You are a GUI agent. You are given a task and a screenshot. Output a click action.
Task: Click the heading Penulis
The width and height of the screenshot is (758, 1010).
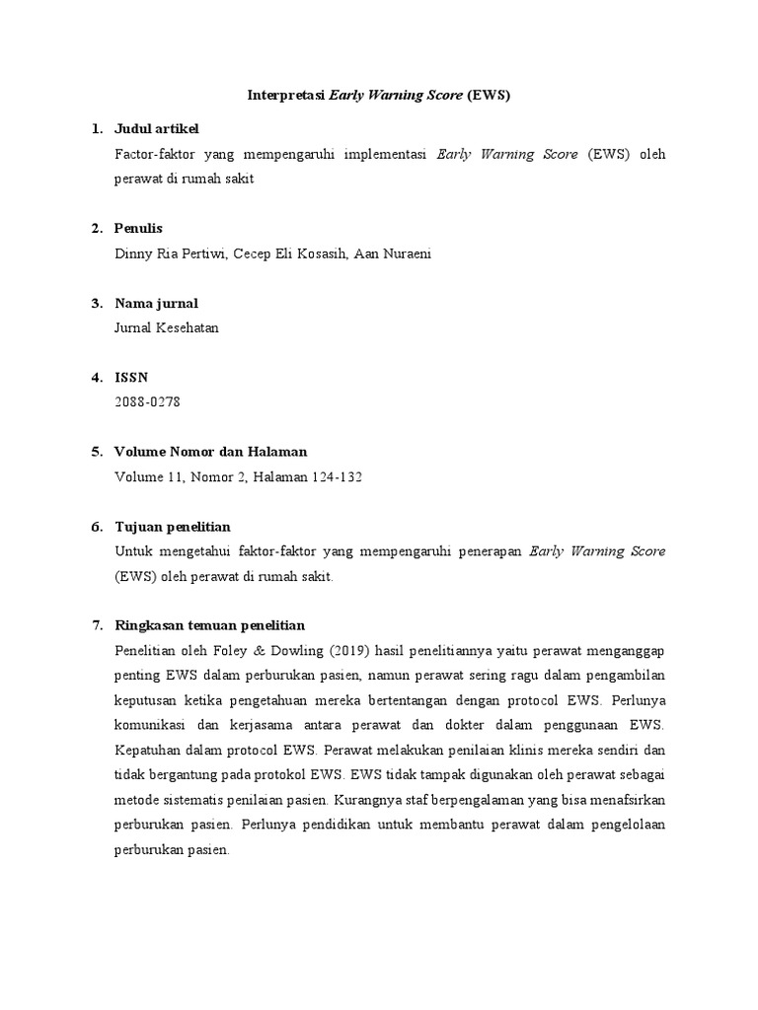138,229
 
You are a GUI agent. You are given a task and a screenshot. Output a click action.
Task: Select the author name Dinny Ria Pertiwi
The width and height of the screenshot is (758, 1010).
170,253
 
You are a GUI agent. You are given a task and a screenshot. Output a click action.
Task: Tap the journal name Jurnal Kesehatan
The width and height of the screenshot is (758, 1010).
167,328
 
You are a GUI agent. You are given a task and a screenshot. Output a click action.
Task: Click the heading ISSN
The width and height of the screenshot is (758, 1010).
131,378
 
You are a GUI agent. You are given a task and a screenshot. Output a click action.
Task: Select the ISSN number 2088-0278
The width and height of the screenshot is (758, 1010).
148,402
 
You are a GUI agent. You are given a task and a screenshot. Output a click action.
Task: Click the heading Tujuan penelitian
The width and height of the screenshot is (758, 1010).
173,527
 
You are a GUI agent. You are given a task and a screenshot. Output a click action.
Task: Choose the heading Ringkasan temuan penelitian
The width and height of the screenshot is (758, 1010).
210,625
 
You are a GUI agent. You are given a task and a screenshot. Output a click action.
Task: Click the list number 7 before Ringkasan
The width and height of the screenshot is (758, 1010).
96,625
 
